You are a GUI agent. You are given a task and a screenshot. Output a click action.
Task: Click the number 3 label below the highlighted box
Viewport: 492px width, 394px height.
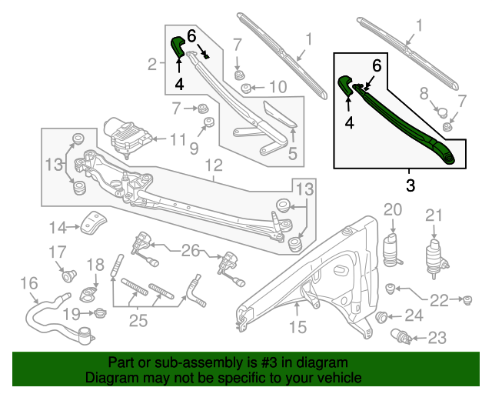point(410,185)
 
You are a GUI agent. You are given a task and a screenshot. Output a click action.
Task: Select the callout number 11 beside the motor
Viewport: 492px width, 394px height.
point(178,139)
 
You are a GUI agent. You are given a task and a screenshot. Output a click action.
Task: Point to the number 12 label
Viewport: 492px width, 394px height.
point(213,165)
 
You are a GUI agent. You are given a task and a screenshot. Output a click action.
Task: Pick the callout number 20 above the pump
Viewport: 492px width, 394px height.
point(393,210)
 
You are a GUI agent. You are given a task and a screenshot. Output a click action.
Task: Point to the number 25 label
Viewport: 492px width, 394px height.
point(138,320)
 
